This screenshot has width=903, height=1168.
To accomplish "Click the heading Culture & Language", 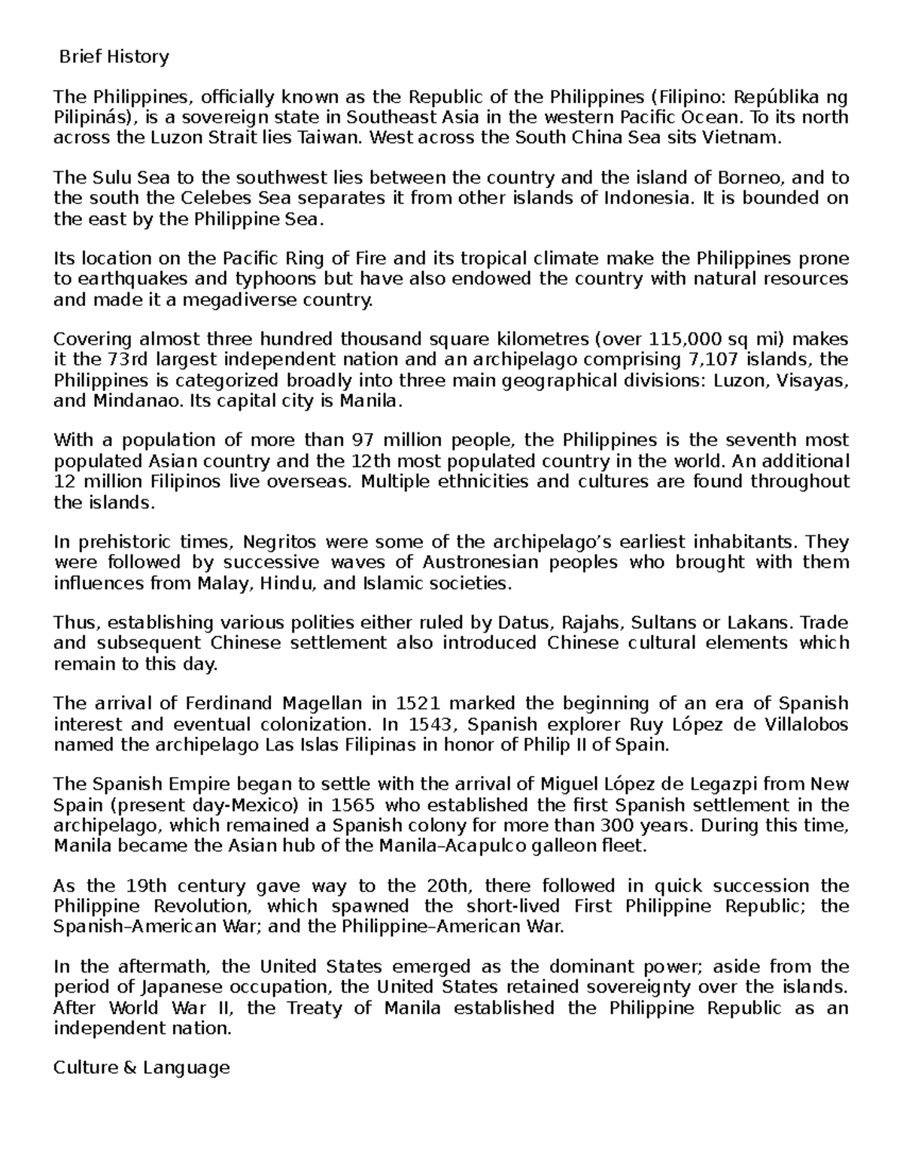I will click(x=141, y=1067).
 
